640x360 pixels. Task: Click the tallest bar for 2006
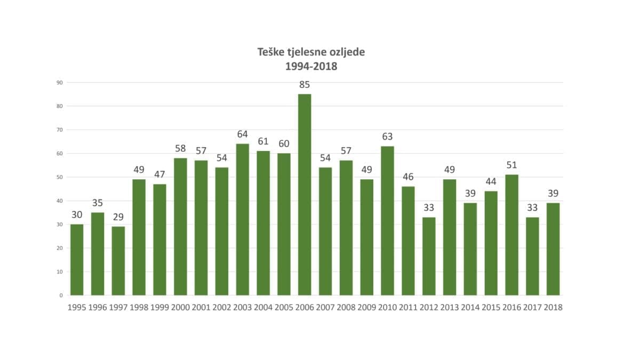point(305,195)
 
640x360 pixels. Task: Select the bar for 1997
point(118,261)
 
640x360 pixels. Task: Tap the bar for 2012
point(429,256)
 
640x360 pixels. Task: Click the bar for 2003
point(243,219)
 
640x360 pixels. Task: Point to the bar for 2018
point(553,249)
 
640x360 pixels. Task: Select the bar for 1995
point(77,260)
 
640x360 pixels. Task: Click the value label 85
point(305,85)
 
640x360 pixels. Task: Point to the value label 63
point(387,137)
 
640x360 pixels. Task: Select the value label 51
point(511,165)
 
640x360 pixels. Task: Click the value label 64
point(243,134)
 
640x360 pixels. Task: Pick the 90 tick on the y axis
point(60,83)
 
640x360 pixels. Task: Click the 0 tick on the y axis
point(61,295)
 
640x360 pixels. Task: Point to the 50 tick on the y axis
point(60,177)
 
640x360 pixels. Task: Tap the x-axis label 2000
point(180,308)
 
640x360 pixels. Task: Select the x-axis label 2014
point(470,308)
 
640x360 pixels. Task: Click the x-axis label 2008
point(346,308)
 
